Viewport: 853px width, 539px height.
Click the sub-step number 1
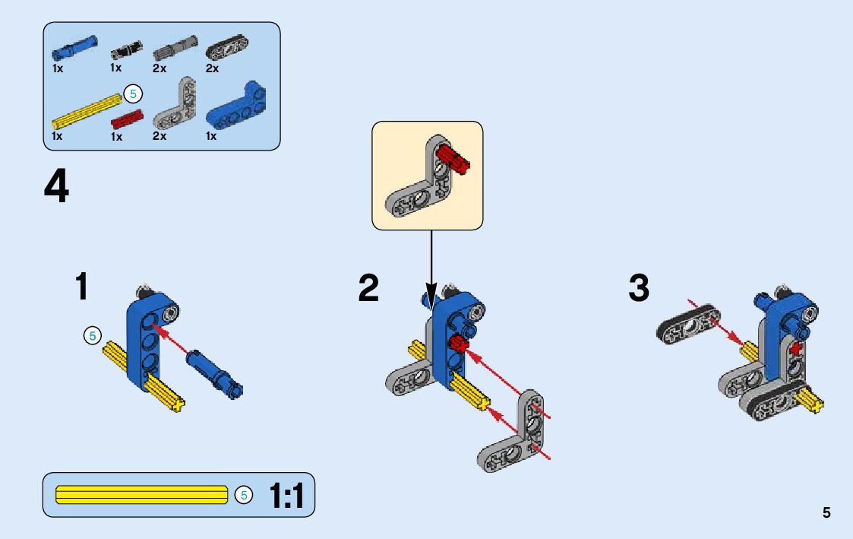(81, 288)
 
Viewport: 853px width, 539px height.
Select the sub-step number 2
(368, 288)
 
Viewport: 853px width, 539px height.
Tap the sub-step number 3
(639, 288)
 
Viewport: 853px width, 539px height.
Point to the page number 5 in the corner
(826, 513)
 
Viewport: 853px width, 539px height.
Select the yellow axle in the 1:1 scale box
(142, 495)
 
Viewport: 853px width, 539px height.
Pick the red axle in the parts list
(127, 119)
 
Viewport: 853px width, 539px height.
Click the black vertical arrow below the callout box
(431, 266)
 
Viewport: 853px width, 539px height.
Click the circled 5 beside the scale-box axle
(244, 496)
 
